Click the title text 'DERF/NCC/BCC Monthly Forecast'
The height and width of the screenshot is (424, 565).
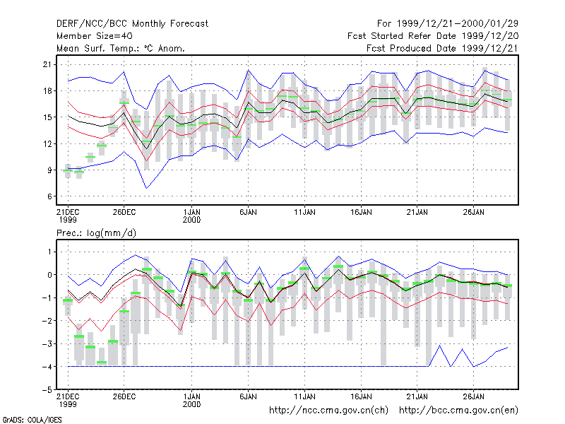tap(132, 24)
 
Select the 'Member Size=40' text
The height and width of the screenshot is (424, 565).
tap(95, 36)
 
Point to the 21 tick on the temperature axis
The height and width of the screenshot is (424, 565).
tap(47, 64)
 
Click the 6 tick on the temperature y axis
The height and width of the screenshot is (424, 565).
tap(49, 196)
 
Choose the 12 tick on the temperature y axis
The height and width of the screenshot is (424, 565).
tap(47, 144)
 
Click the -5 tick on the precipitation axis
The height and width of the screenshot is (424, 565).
tap(47, 390)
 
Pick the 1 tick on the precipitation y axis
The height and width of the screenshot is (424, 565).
tap(49, 252)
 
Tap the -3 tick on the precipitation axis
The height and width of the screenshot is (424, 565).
tap(47, 343)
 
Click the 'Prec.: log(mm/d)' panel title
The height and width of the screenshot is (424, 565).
tap(96, 233)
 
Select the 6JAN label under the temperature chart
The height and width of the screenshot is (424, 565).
tap(248, 213)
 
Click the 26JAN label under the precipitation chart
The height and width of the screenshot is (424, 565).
tap(473, 396)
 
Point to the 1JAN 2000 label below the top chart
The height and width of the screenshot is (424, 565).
tap(191, 216)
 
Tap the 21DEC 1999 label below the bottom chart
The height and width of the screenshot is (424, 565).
tap(68, 400)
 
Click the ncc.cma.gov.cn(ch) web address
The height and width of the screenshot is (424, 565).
tap(328, 411)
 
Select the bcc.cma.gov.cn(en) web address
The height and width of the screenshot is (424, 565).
tap(458, 411)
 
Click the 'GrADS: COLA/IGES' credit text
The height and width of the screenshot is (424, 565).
tap(32, 420)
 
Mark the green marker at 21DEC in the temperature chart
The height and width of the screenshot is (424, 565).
tap(68, 170)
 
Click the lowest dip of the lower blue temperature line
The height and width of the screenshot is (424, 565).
tap(146, 188)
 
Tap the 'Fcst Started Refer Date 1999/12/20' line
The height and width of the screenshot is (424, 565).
tap(433, 36)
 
